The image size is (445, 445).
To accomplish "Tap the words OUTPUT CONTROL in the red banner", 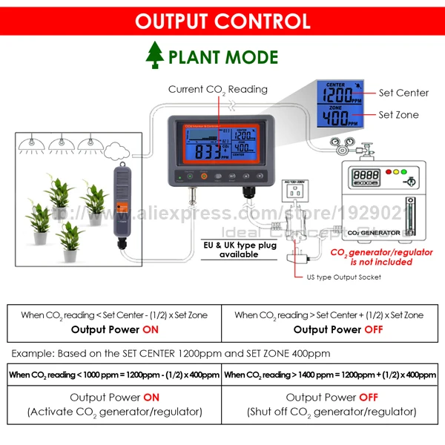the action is pyautogui.click(x=222, y=20).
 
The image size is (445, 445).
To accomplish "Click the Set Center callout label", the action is pyautogui.click(x=403, y=93).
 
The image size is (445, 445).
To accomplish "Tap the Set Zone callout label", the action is pyautogui.click(x=399, y=115).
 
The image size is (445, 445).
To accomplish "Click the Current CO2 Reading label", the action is pyautogui.click(x=217, y=89).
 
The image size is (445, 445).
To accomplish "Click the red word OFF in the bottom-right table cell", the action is pyautogui.click(x=369, y=398).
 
